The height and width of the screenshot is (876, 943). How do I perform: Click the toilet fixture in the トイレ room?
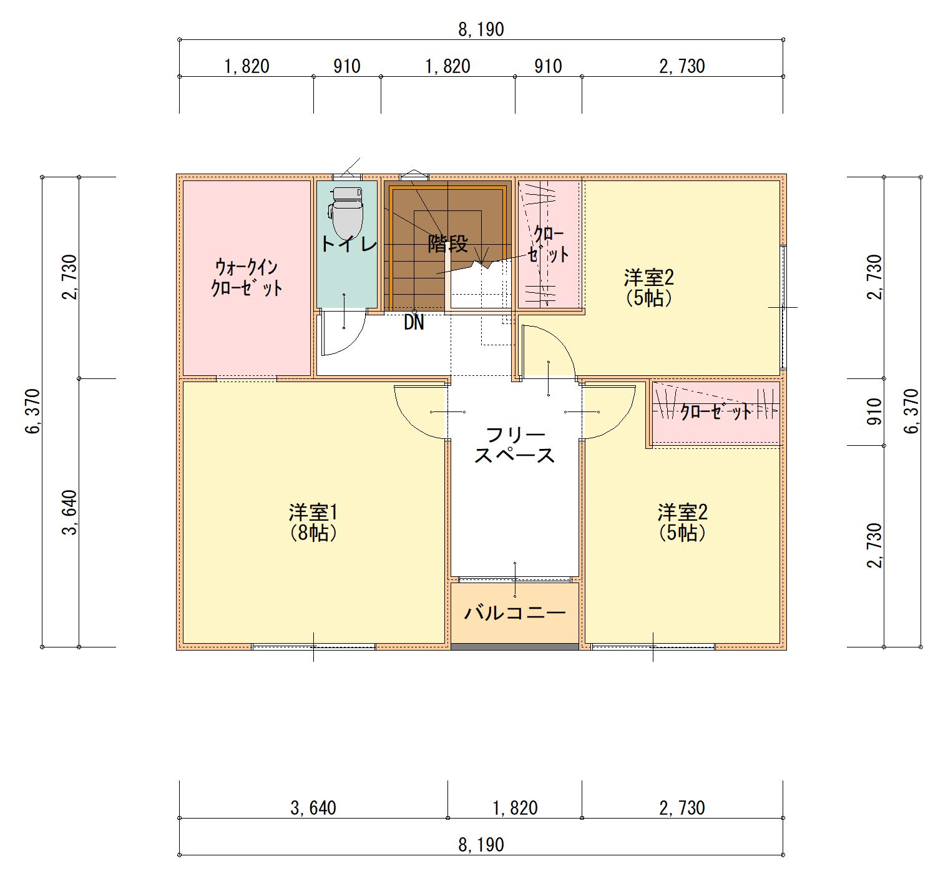click(346, 214)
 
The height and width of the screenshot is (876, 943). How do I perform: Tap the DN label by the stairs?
click(414, 323)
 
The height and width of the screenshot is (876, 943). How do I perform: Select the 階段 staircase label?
click(447, 244)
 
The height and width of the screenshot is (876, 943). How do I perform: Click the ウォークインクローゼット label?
click(247, 278)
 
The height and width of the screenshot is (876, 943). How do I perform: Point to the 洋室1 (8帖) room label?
click(313, 523)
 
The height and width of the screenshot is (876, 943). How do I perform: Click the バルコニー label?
click(515, 613)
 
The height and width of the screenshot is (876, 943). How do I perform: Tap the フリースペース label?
click(515, 445)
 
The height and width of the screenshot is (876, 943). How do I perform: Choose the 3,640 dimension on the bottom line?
click(313, 807)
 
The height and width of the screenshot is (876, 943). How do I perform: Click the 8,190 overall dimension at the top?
click(481, 29)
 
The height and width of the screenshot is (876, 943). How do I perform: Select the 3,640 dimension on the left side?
click(69, 513)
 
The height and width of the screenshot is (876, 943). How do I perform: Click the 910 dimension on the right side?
click(874, 411)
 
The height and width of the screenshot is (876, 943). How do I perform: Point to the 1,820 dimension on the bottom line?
click(515, 807)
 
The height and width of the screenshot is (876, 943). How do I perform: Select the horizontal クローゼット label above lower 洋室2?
click(716, 412)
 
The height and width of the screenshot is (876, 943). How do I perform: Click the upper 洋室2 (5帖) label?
click(648, 287)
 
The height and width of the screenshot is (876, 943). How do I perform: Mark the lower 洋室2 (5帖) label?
click(682, 523)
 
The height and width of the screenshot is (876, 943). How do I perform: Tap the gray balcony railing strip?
click(515, 647)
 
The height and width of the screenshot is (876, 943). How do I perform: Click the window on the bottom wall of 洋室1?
click(313, 647)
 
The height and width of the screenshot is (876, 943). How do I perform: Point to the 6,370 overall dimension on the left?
click(32, 411)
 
